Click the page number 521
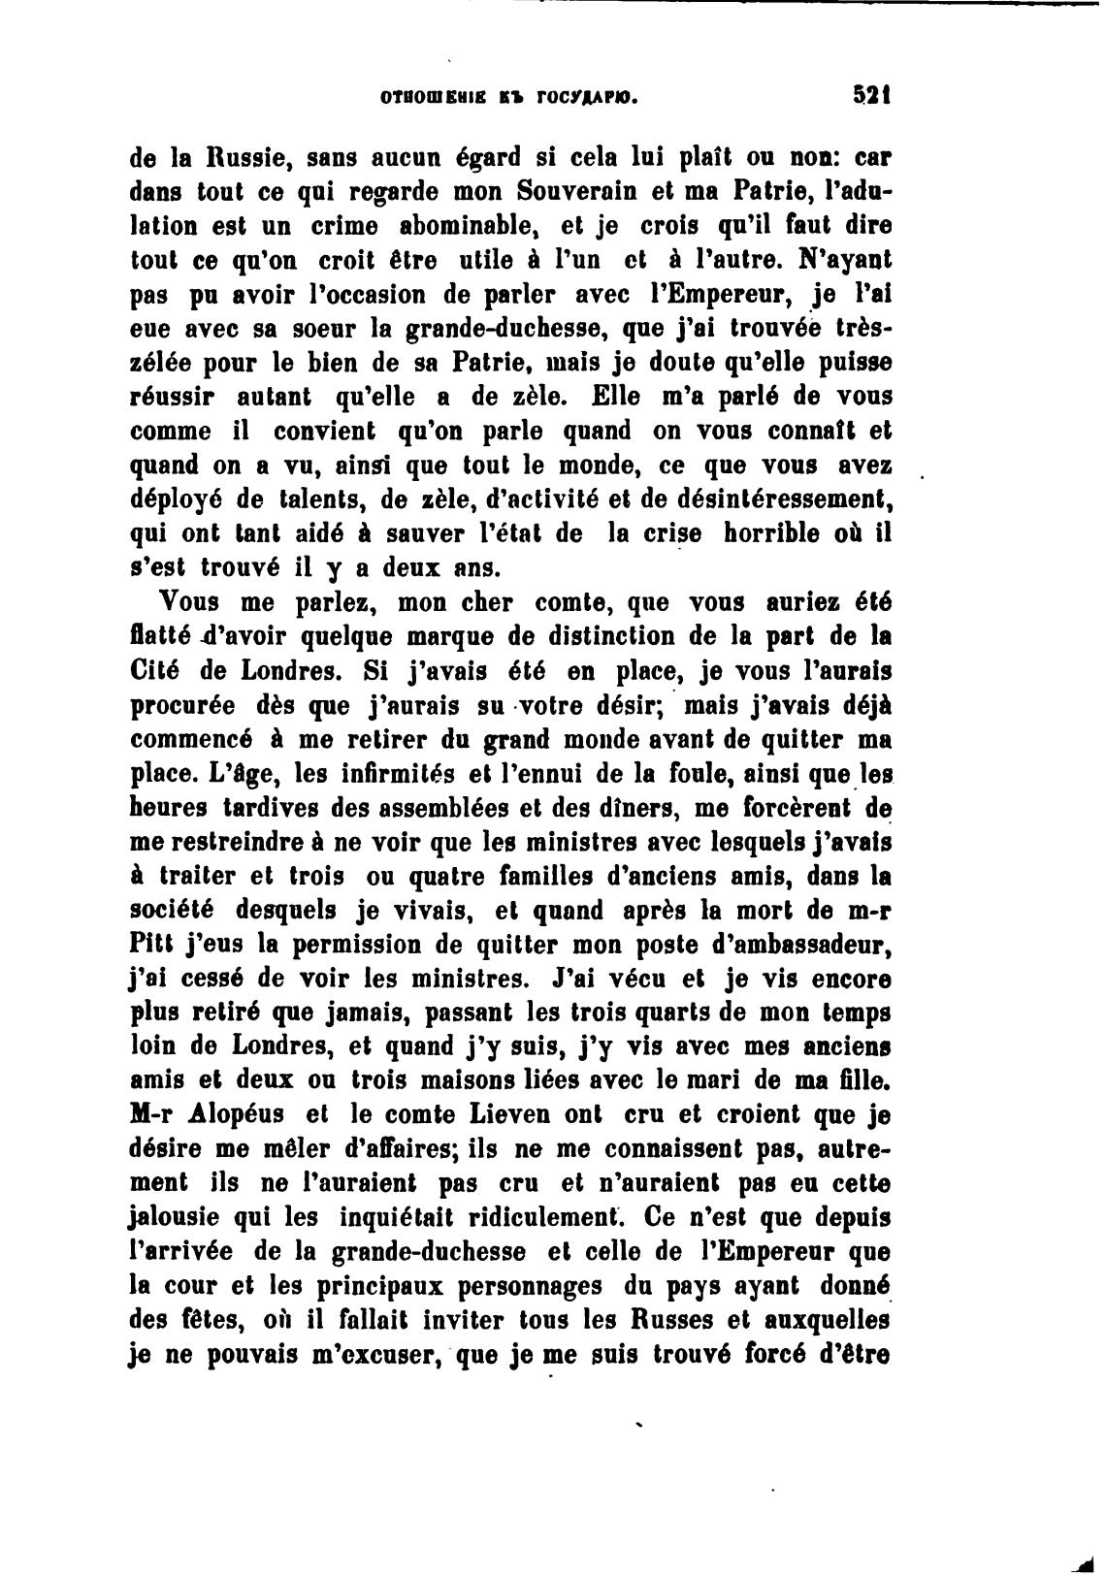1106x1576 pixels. pyautogui.click(x=871, y=96)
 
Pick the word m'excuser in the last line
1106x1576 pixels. pyautogui.click(x=365, y=1356)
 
